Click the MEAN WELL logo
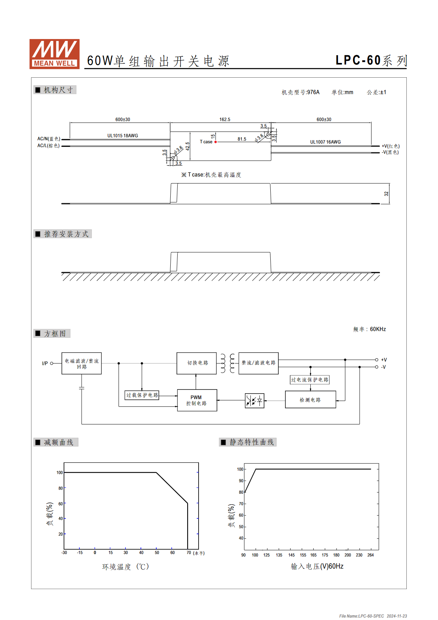pyautogui.click(x=54, y=54)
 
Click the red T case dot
pyautogui.click(x=216, y=142)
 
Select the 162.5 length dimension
pyautogui.click(x=225, y=119)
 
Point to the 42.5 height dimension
pyautogui.click(x=188, y=146)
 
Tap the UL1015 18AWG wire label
pyautogui.click(x=122, y=135)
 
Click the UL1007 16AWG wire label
pyautogui.click(x=325, y=142)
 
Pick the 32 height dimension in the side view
pyautogui.click(x=386, y=194)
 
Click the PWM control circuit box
pyautogui.click(x=197, y=400)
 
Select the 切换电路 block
pyautogui.click(x=196, y=363)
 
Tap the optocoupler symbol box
pyautogui.click(x=254, y=401)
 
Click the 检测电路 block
pyautogui.click(x=310, y=399)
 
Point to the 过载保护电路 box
pyautogui.click(x=142, y=395)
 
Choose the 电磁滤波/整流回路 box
pyautogui.click(x=82, y=363)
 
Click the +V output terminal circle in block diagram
pyautogui.click(x=376, y=360)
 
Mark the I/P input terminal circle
pyautogui.click(x=51, y=363)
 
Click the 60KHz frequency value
pyautogui.click(x=378, y=329)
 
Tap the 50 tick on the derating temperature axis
pyautogui.click(x=157, y=553)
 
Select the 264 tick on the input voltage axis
pyautogui.click(x=371, y=555)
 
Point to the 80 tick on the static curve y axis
pyautogui.click(x=241, y=492)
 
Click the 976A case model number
pyautogui.click(x=313, y=92)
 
